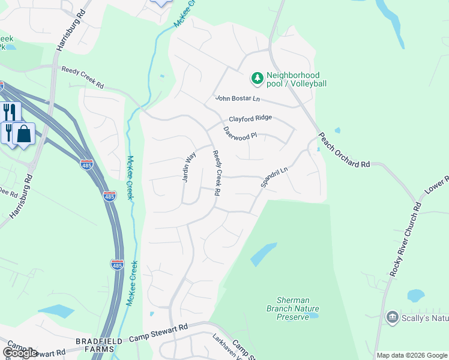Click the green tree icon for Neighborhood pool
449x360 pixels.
click(x=257, y=78)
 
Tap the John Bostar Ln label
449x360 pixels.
click(x=238, y=99)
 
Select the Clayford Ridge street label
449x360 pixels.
click(x=250, y=119)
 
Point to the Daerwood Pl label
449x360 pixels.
click(x=240, y=133)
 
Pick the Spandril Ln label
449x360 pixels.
click(x=274, y=178)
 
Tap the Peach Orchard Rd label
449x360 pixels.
click(x=344, y=151)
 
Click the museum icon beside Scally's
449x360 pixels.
click(x=392, y=317)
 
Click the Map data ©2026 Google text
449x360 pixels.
click(x=412, y=355)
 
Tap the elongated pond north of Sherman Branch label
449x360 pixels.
click(x=263, y=254)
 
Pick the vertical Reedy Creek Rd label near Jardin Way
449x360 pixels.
click(x=216, y=173)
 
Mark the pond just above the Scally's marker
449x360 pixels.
click(x=415, y=295)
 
